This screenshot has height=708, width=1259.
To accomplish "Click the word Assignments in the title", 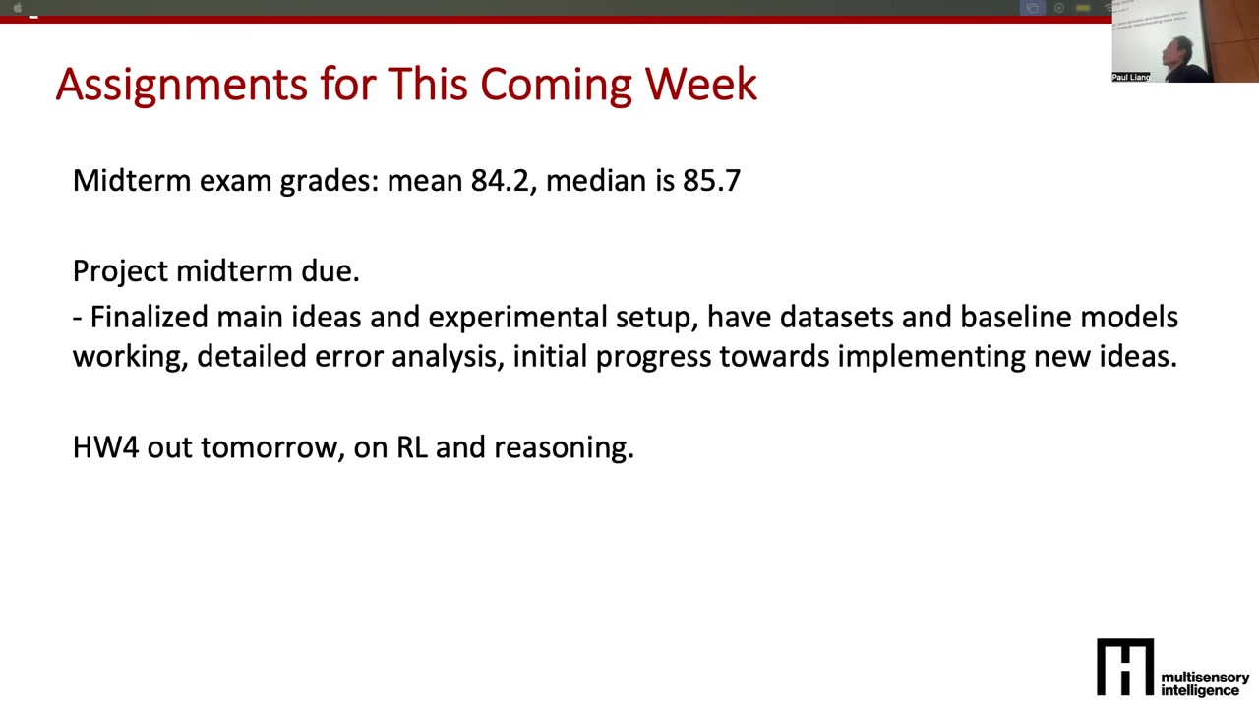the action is [x=182, y=86].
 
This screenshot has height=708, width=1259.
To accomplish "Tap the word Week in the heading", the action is [x=701, y=85].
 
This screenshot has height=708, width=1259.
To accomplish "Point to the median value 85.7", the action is [x=711, y=181].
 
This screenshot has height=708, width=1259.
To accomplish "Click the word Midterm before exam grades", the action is [x=132, y=181].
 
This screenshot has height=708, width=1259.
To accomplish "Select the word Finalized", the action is [x=150, y=317].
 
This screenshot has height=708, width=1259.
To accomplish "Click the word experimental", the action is [x=517, y=318].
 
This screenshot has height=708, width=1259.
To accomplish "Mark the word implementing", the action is [x=931, y=357].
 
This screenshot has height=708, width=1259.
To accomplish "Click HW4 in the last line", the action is [x=105, y=447].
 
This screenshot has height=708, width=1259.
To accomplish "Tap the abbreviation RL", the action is [x=412, y=447].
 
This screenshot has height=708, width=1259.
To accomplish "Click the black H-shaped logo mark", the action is [x=1125, y=667].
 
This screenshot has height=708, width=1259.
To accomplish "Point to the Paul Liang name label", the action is [x=1131, y=77].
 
